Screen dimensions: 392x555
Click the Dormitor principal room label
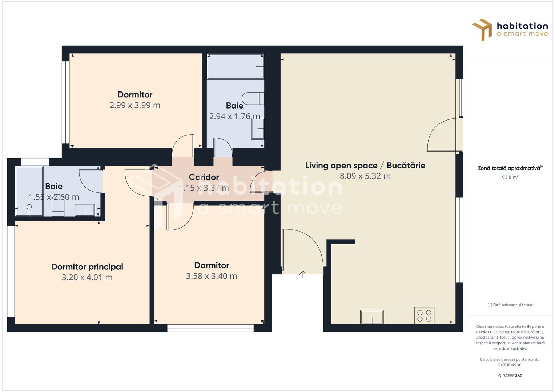tap(87, 267)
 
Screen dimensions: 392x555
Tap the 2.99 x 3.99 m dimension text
tap(135, 105)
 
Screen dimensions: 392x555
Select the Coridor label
tap(204, 177)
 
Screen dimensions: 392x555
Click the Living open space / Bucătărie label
tap(365, 166)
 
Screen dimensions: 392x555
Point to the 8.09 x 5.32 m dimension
tap(365, 176)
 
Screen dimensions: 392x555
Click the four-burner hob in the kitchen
tap(424, 316)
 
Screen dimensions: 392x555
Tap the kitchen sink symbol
tap(372, 317)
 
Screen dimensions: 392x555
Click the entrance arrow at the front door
tap(303, 274)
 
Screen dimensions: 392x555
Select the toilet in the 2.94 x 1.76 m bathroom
tap(253, 98)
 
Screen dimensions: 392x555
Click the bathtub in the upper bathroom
tap(235, 66)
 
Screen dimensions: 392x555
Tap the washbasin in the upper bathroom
tap(257, 128)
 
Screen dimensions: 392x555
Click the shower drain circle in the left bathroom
tap(29, 207)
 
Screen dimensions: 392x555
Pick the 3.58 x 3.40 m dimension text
tap(212, 276)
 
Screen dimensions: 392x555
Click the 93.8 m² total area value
tap(510, 177)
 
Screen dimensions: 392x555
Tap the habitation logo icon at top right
tap(482, 30)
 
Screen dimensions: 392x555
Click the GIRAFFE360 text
tap(510, 376)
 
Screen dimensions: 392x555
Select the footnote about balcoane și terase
tap(510, 305)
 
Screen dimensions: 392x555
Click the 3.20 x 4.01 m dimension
tap(87, 277)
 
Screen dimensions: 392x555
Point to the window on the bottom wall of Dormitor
tap(210, 328)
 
